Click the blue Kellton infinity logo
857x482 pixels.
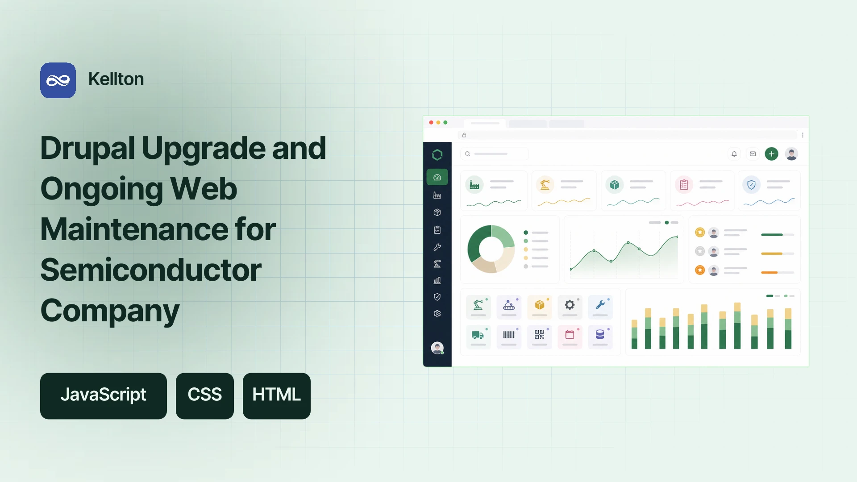point(58,80)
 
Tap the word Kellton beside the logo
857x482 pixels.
point(116,79)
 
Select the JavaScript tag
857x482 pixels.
point(104,396)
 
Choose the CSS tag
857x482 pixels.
point(205,396)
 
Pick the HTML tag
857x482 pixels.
point(277,396)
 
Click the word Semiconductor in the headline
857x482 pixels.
point(151,270)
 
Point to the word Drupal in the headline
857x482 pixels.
point(87,149)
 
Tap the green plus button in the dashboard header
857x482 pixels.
point(771,154)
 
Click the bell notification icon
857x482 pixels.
point(734,154)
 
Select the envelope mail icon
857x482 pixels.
point(753,154)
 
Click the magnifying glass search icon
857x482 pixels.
point(468,154)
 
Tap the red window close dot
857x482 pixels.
point(431,122)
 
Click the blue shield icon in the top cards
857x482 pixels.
point(752,185)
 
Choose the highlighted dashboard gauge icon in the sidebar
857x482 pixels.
point(437,177)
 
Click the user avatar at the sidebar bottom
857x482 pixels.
point(437,348)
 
